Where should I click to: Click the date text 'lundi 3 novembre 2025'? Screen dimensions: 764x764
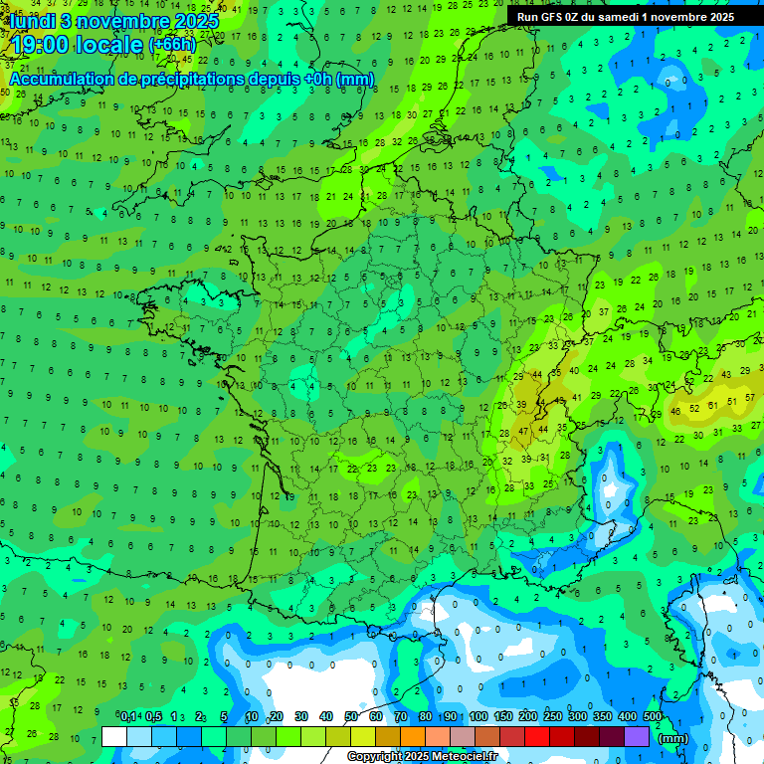[113, 20]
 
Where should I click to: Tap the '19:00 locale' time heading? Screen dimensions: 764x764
[78, 44]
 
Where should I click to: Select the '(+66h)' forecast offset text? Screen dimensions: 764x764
[172, 45]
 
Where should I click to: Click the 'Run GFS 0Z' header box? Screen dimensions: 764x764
[626, 17]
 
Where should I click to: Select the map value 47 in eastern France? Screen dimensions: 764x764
[525, 432]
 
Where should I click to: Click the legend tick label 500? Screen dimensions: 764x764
[653, 716]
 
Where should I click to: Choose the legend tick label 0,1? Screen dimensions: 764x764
[128, 716]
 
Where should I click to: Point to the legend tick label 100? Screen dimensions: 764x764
[478, 716]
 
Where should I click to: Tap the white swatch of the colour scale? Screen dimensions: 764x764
[114, 736]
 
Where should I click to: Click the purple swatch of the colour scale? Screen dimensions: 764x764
[638, 736]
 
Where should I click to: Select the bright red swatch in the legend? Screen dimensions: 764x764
[538, 736]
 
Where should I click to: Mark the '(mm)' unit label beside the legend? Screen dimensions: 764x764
[673, 738]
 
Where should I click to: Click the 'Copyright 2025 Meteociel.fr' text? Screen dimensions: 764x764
[422, 756]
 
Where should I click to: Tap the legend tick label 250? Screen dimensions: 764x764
[553, 716]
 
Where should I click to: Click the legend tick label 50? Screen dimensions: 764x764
[351, 716]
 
